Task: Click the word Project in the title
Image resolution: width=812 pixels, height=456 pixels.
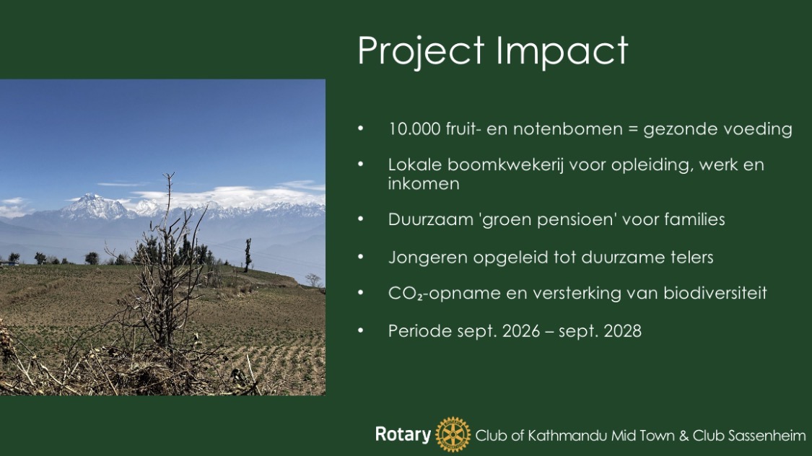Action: pos(421,52)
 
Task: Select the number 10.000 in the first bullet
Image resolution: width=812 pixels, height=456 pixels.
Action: pos(414,129)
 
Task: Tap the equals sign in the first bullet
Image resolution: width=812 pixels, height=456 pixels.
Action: pos(632,129)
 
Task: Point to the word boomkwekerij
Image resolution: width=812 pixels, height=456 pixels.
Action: pos(505,165)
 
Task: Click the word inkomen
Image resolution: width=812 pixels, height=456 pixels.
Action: pos(424,184)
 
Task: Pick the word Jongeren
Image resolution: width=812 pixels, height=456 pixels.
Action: pos(428,258)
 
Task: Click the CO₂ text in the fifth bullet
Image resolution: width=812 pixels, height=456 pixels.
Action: pos(406,294)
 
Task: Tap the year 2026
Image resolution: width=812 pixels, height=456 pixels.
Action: pos(520,330)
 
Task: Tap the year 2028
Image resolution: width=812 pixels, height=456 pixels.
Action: pos(622,330)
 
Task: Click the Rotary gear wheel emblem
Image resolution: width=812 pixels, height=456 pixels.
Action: pos(453,435)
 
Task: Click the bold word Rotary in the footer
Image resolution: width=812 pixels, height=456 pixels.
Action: pos(403,434)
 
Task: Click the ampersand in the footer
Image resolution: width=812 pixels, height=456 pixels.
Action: pos(684,436)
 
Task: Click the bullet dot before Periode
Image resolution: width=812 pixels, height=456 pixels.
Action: pos(360,330)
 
